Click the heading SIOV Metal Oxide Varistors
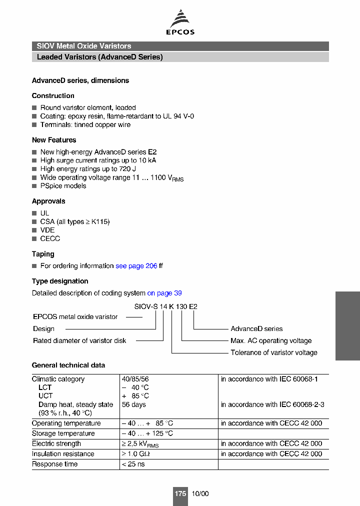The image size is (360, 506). [x=84, y=46]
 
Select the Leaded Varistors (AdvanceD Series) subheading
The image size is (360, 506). [x=100, y=57]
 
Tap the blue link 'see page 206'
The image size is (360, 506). [x=136, y=266]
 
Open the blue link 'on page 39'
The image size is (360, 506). [x=164, y=293]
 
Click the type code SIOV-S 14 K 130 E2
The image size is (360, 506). [x=165, y=306]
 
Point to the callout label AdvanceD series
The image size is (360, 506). [x=256, y=328]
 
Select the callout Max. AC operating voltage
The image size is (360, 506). [x=271, y=340]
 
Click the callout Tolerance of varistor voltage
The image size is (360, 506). [x=273, y=352]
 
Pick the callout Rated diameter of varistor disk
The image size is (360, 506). [x=79, y=340]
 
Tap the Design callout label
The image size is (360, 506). [x=43, y=328]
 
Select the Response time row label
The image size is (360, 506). [x=54, y=464]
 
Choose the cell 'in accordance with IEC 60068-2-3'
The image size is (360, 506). [x=272, y=404]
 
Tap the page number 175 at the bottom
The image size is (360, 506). [x=180, y=493]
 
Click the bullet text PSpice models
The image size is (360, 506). [x=63, y=186]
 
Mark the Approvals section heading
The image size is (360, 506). [x=48, y=201]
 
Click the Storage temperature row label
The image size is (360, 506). [x=63, y=433]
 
